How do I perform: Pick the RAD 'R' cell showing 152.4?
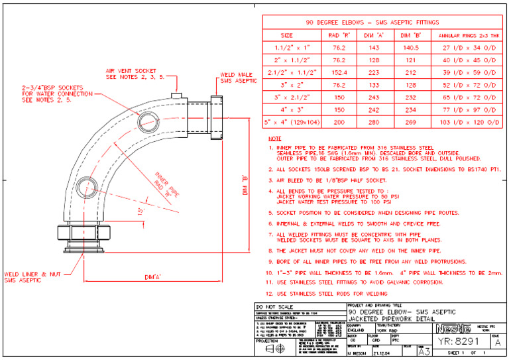click(x=339, y=72)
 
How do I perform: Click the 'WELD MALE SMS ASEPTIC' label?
click(x=238, y=78)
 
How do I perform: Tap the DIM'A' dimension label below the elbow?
click(x=154, y=276)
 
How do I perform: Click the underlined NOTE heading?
click(x=274, y=139)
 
